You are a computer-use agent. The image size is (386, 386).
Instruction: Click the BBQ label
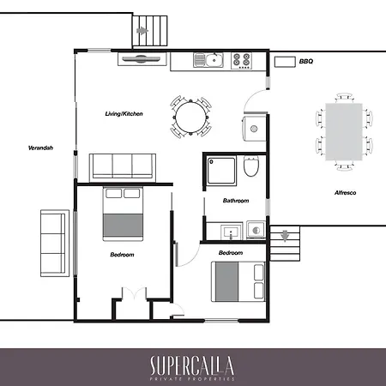(x=306, y=61)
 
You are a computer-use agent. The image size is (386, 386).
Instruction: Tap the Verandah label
(x=40, y=148)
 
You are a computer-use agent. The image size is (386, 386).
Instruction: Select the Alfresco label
(x=346, y=193)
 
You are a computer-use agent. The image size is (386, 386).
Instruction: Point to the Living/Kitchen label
(x=124, y=114)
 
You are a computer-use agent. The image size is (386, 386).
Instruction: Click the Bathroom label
(x=236, y=201)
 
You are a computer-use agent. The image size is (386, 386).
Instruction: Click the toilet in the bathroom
(x=251, y=166)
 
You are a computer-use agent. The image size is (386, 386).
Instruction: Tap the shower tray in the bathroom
(x=221, y=171)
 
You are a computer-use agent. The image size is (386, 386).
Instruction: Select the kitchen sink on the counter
(x=208, y=60)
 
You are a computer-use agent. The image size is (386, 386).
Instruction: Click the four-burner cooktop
(x=242, y=61)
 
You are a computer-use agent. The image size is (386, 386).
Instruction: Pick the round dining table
(x=190, y=117)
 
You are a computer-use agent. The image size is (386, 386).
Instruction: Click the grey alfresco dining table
(x=344, y=132)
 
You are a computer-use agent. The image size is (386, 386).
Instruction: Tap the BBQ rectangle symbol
(x=285, y=62)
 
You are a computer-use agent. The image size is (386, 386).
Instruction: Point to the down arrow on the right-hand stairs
(x=285, y=236)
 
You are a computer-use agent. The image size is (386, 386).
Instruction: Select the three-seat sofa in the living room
(x=123, y=168)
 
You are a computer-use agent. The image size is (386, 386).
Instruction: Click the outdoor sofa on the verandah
(x=55, y=244)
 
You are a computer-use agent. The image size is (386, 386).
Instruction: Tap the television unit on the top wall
(x=142, y=59)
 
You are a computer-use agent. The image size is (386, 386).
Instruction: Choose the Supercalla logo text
(x=192, y=365)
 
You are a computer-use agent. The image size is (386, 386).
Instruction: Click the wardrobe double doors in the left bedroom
(x=134, y=294)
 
